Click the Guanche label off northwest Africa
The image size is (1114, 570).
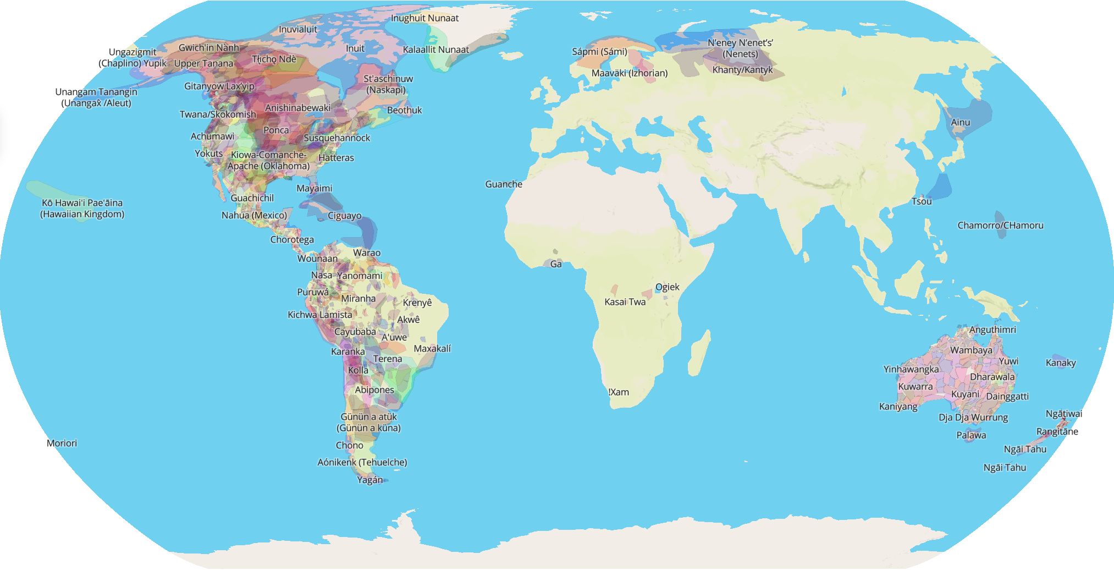[504, 184]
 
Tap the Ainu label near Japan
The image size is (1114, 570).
[961, 122]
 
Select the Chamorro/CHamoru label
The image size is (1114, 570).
[1000, 226]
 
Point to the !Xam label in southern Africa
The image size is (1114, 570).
[619, 392]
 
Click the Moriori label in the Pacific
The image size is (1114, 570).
[62, 443]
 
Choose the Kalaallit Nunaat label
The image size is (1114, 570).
[435, 50]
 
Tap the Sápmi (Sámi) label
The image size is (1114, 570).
[599, 52]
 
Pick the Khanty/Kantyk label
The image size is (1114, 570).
[742, 70]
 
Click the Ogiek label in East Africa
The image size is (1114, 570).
[667, 287]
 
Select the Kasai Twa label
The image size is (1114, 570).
[625, 302]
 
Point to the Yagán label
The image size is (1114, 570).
[370, 480]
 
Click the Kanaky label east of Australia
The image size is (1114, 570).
[1061, 363]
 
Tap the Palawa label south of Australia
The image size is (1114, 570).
[971, 435]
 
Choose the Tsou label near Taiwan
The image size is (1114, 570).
[922, 201]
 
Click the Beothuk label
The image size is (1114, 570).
[404, 110]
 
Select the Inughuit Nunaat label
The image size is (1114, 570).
[424, 18]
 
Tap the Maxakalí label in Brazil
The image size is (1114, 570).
[432, 349]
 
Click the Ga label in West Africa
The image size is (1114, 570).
[556, 264]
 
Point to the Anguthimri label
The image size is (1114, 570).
[992, 330]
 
